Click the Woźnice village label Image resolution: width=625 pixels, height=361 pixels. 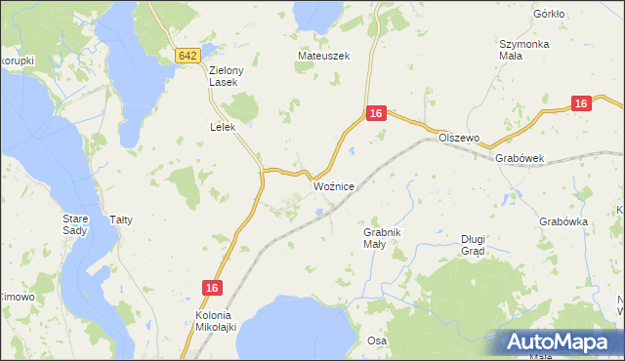[x=334, y=185]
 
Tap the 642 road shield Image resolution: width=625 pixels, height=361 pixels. [x=189, y=57]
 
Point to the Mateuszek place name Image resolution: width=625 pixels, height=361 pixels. [x=323, y=57]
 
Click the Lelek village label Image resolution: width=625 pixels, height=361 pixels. [x=224, y=127]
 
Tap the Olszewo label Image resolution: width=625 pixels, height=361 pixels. [x=459, y=139]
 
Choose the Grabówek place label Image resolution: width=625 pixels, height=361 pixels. [x=519, y=158]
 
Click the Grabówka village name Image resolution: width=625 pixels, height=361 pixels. [x=562, y=221]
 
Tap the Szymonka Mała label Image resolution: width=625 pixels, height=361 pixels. [x=524, y=50]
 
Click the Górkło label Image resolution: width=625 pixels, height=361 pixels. [x=550, y=15]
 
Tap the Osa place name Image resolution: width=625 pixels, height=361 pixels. [x=377, y=341]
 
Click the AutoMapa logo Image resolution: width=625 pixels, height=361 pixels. [x=561, y=342]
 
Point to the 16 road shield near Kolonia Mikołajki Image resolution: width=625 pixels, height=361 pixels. [x=213, y=288]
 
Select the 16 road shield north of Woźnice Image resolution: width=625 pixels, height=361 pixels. [x=377, y=115]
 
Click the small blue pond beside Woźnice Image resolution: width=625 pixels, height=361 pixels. [x=319, y=207]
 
